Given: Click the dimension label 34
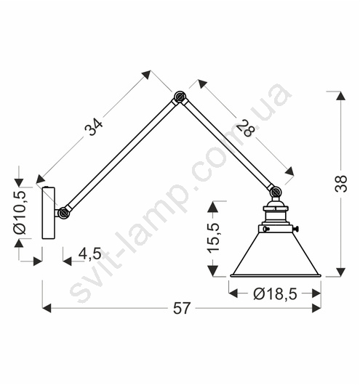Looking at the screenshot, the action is tap(94, 126).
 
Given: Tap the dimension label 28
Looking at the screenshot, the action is tap(246, 128).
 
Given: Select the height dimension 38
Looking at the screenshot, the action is tap(341, 183).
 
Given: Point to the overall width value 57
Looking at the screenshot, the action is tap(182, 308).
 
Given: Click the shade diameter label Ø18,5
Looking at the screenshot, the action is tap(275, 293).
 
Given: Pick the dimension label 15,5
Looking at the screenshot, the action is tap(213, 238).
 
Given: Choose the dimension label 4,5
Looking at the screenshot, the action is tap(89, 254).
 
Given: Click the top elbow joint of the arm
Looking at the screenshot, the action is tap(180, 97).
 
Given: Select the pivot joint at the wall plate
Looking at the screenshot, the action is tap(63, 213).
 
